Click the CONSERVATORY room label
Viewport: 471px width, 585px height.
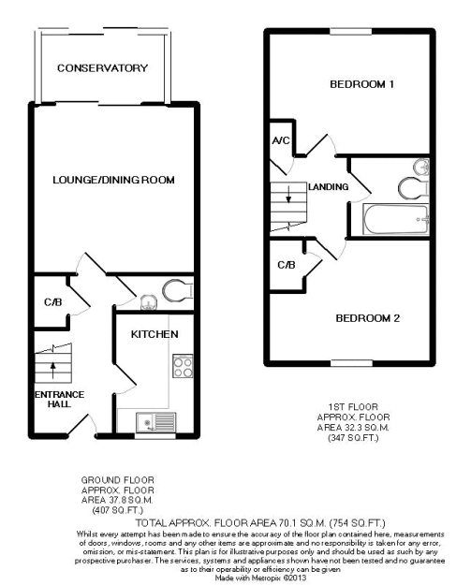pos(102,68)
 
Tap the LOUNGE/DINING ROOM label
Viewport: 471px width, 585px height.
pos(113,180)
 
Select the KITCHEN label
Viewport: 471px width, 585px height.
pos(155,334)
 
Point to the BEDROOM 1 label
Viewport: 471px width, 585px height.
pos(361,84)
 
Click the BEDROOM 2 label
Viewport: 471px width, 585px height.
pos(368,318)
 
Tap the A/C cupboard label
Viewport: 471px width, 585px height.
pos(281,140)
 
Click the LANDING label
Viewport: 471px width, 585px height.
pos(328,186)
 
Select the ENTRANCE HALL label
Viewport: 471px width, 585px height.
pos(59,399)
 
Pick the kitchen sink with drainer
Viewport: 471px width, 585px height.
pos(156,422)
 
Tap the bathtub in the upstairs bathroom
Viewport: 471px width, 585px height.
pos(395,219)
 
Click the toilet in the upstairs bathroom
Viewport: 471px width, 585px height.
pos(413,187)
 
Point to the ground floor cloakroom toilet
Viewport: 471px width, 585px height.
pos(178,290)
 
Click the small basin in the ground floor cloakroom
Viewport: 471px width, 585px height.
pos(149,302)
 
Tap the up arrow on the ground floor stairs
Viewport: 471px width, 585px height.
pos(52,370)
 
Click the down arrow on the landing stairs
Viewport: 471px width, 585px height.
pos(288,194)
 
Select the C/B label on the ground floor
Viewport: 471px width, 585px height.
pos(52,301)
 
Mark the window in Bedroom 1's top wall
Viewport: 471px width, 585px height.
pos(351,31)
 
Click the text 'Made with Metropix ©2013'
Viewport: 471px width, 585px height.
pos(261,578)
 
